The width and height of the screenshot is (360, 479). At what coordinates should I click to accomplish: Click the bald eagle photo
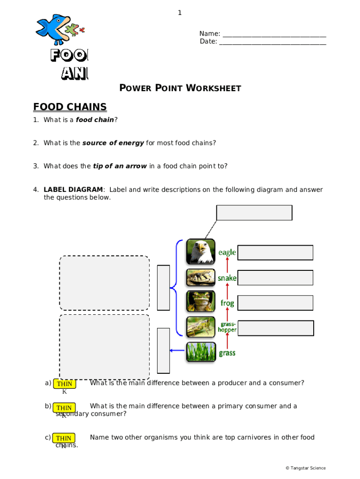pos(201,252)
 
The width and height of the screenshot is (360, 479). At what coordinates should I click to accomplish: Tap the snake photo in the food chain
pos(201,277)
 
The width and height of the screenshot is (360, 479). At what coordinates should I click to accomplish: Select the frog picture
pos(201,302)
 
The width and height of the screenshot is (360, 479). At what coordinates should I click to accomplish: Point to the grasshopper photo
pos(201,327)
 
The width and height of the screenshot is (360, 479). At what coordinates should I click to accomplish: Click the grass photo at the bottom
pos(201,352)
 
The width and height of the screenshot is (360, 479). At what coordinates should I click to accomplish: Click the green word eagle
pos(227,253)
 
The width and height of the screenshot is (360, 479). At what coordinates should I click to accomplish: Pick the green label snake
pos(227,278)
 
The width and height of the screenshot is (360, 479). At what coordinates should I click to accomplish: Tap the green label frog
pos(227,303)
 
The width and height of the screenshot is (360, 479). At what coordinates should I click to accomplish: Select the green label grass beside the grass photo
pos(227,353)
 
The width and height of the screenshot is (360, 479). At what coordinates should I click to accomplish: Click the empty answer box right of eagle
pos(275,253)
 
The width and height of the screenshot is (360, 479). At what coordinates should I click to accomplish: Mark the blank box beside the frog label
pos(275,303)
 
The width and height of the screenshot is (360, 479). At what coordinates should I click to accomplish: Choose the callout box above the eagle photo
pos(254,213)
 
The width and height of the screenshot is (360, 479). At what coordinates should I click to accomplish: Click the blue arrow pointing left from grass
pos(177,349)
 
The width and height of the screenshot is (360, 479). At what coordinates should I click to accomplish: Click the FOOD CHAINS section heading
pos(70,107)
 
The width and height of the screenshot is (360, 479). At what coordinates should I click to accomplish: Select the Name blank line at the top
pos(274,34)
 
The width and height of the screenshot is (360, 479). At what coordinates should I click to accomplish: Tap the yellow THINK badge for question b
pos(64,407)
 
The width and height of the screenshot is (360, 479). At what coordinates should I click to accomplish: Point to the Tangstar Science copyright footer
pos(306,468)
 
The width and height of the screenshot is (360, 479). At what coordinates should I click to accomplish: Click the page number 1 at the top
pos(180,13)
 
